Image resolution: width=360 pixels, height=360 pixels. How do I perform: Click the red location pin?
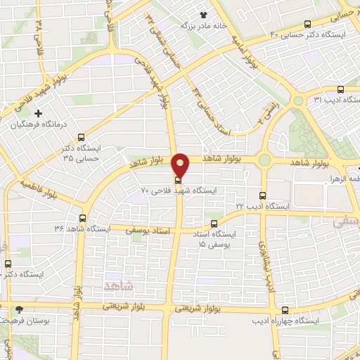tap(181, 165)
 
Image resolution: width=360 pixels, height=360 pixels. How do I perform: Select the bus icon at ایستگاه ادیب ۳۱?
tap(340, 89)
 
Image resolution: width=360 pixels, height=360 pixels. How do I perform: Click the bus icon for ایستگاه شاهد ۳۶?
tap(83, 219)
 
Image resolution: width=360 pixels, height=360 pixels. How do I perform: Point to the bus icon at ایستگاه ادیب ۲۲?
tap(262, 196)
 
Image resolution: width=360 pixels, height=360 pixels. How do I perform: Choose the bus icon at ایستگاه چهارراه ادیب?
tap(284, 310)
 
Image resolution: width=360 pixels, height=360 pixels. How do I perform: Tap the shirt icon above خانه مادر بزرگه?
tap(203, 14)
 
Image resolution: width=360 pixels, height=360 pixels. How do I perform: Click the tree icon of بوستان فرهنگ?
tap(20, 309)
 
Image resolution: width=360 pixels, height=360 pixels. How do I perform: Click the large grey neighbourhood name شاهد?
tap(117, 285)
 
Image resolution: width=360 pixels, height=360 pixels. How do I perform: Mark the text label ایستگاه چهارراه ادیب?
tap(284, 321)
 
